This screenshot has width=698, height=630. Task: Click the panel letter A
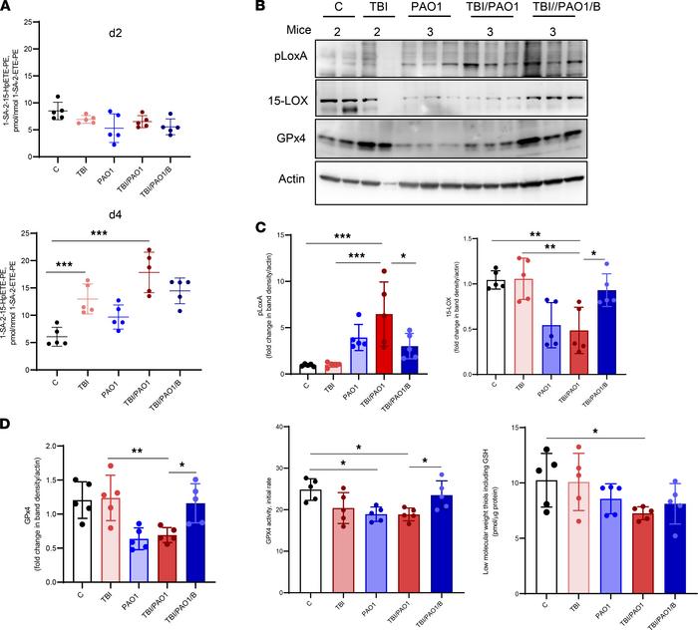coord(9,10)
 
